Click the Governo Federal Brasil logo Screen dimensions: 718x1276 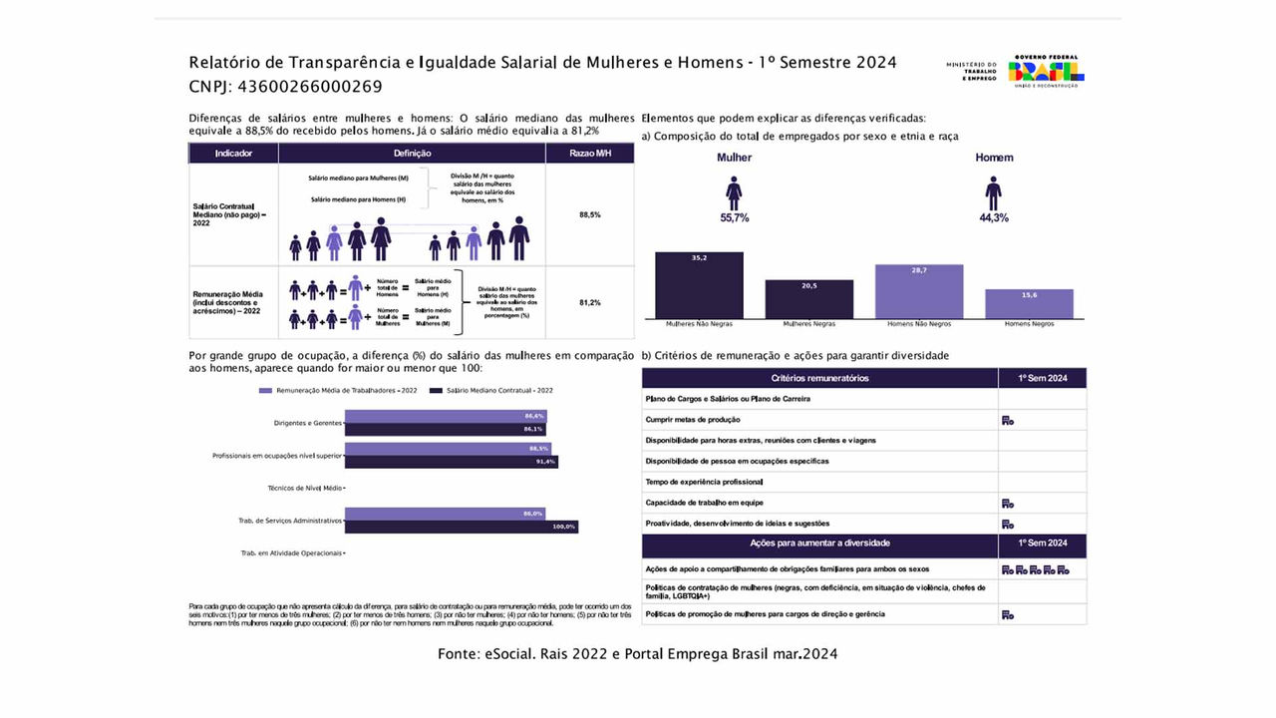point(1046,71)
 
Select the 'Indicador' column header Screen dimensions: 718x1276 point(233,154)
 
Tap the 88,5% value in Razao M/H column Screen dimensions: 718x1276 point(589,214)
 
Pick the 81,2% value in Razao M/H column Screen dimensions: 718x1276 point(589,302)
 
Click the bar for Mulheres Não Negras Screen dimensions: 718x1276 point(699,285)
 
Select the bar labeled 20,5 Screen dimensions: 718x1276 point(808,298)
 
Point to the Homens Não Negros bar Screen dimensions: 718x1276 point(919,291)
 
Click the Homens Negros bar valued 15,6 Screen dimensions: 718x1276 point(1029,303)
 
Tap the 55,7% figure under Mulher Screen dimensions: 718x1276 point(734,217)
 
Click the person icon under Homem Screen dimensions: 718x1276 point(993,192)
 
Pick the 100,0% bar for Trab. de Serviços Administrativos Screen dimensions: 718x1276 point(461,527)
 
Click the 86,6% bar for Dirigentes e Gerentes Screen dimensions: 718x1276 point(445,416)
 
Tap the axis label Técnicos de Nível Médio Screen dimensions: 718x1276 point(305,489)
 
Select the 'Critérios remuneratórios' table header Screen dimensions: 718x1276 point(819,378)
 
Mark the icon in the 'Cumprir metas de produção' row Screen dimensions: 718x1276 point(1008,421)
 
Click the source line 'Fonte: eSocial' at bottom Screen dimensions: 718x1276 point(637,654)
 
